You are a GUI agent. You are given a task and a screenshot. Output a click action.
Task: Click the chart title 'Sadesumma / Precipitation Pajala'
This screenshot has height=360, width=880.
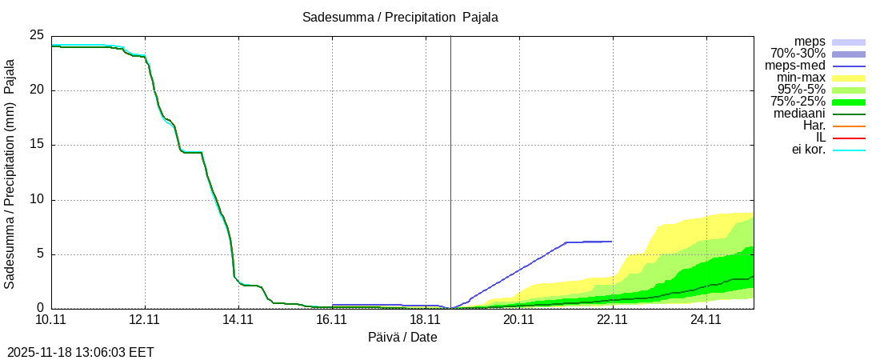tap(400, 18)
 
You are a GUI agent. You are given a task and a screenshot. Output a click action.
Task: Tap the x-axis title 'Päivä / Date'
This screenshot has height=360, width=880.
tap(402, 338)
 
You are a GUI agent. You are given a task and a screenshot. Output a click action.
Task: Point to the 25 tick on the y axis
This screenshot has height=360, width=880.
tap(36, 35)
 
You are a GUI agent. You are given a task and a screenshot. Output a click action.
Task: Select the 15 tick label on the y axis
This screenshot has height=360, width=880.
tap(36, 145)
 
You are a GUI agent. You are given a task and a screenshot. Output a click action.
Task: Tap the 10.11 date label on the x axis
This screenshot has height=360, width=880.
tap(51, 320)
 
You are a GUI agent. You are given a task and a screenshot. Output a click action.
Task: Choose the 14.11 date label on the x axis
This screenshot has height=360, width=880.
tap(238, 320)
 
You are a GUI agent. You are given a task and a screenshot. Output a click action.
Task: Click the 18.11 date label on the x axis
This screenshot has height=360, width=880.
tap(426, 320)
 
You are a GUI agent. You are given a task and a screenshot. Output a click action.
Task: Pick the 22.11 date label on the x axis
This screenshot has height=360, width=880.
tap(613, 320)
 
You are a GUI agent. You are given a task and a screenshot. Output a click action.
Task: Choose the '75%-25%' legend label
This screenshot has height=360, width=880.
tap(798, 102)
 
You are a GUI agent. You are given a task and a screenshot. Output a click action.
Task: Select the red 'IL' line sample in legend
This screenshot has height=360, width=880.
tap(849, 138)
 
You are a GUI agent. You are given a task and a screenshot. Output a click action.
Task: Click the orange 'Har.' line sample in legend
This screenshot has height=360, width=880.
tap(849, 126)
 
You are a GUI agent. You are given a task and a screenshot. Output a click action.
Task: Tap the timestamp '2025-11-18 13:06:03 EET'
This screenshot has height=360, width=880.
tap(80, 352)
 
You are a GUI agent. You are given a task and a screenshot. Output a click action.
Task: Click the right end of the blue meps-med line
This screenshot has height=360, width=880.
tap(611, 241)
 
